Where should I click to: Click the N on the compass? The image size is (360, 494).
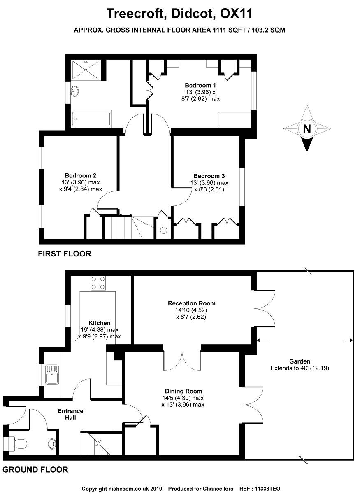pyautogui.click(x=307, y=129)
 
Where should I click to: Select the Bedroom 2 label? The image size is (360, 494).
pyautogui.click(x=81, y=175)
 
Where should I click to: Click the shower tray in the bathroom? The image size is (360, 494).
pyautogui.click(x=86, y=70)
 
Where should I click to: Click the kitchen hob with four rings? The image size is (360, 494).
pyautogui.click(x=98, y=282)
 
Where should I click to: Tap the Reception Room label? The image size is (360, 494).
pyautogui.click(x=191, y=303)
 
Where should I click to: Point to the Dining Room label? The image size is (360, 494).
pyautogui.click(x=183, y=391)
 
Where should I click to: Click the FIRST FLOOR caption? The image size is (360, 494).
pyautogui.click(x=65, y=254)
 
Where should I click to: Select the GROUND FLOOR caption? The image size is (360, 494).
pyautogui.click(x=35, y=469)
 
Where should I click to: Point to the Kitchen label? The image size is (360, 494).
pyautogui.click(x=99, y=323)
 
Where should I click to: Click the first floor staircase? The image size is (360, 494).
pyautogui.click(x=123, y=227)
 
